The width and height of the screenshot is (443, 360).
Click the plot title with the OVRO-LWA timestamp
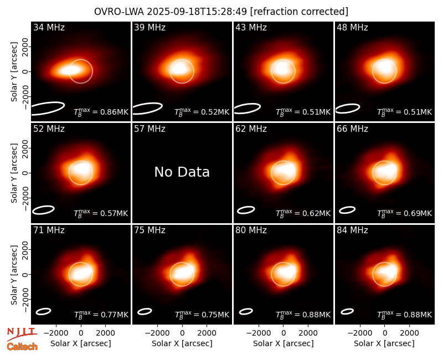(x=221, y=12)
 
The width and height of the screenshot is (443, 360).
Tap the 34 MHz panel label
(x=49, y=27)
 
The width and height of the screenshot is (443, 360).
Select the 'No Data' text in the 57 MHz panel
(x=182, y=172)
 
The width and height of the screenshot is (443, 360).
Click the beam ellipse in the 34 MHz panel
(x=48, y=109)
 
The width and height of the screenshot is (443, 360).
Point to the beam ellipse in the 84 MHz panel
(x=347, y=311)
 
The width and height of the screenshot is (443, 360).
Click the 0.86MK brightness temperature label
(x=101, y=112)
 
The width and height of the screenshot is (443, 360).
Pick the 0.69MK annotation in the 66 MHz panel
(x=405, y=213)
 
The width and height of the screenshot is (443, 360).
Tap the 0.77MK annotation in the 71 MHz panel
(x=101, y=315)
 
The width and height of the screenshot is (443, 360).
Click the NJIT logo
(x=22, y=333)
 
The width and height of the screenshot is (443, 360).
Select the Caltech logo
(x=22, y=347)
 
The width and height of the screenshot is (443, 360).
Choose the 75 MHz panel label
(x=150, y=230)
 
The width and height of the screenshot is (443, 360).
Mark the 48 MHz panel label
(x=352, y=27)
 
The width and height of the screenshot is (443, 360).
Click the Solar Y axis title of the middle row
(x=14, y=173)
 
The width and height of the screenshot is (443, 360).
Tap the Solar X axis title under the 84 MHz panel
(x=384, y=343)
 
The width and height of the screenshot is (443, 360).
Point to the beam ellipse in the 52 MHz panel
(x=43, y=210)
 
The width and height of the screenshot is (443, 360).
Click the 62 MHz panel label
(x=251, y=129)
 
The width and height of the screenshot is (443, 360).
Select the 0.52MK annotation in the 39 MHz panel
(x=202, y=112)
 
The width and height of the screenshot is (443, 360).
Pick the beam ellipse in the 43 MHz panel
(x=247, y=109)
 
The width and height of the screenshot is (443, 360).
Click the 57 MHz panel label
(x=150, y=129)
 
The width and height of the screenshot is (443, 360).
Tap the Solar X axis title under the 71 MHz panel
(x=81, y=343)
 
